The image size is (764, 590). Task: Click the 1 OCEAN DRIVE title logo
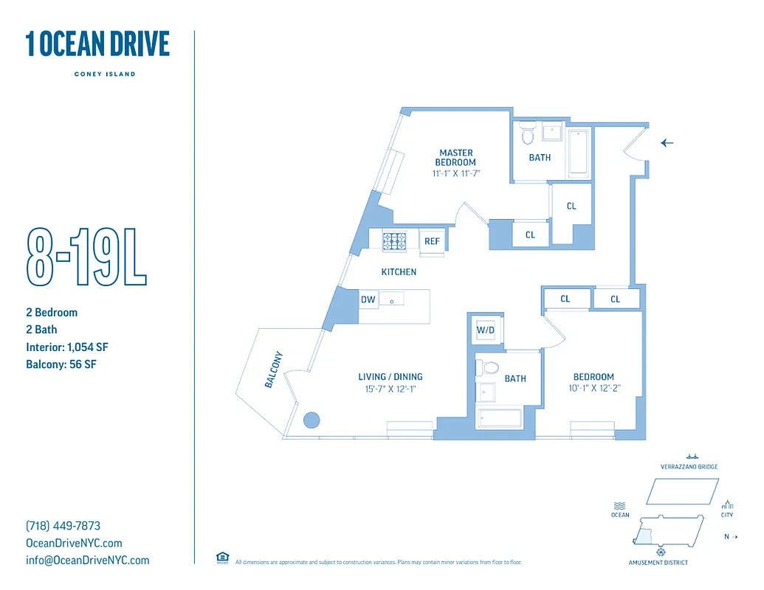point(97,44)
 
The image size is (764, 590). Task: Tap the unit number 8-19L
point(86,257)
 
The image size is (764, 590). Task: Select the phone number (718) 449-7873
point(63,526)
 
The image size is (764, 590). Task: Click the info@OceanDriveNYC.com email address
point(87,560)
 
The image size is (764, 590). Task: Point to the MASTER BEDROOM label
point(456,158)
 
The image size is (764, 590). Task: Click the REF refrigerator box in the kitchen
point(432,241)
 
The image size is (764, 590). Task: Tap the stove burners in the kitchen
point(395,240)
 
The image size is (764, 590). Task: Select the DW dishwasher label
point(368,299)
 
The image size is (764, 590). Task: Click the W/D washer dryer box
point(485,330)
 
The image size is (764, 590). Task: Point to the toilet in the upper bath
point(527,136)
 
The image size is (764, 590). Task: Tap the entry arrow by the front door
point(667,143)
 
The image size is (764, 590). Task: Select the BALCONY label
point(273,369)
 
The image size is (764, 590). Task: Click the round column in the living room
point(312,420)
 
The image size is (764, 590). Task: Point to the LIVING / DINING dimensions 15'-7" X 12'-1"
point(390,389)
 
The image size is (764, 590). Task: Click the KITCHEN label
point(399,272)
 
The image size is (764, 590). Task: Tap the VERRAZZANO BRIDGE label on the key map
point(689,467)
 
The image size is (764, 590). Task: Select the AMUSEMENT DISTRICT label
point(658,563)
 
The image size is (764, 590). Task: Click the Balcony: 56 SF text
point(61,364)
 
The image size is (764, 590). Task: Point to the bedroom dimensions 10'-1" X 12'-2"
point(593,389)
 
